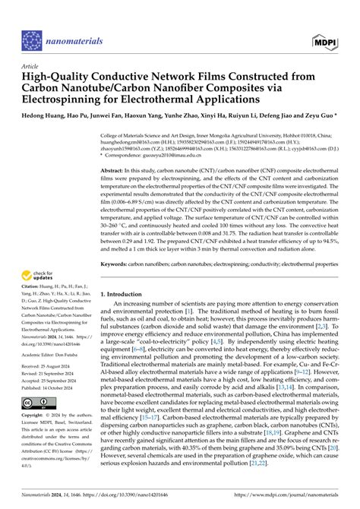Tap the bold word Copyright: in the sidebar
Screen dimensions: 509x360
click(33, 416)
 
